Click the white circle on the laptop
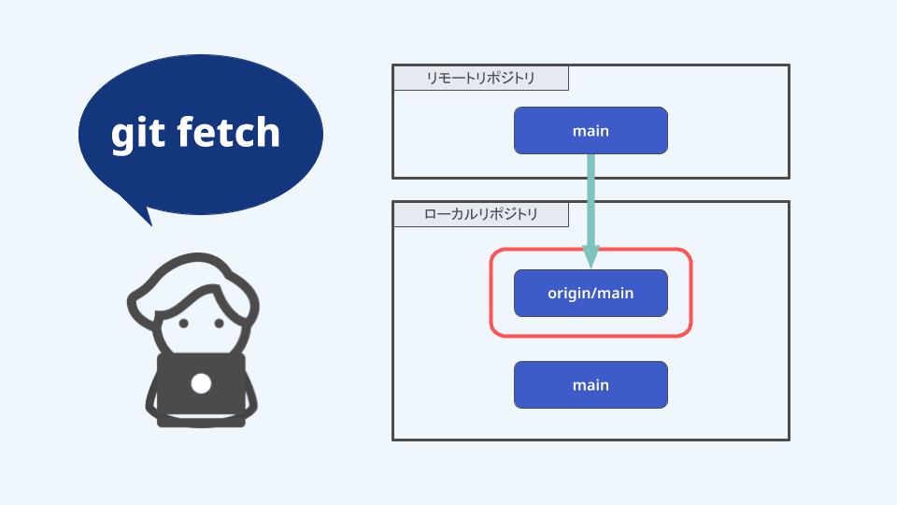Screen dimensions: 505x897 (x=201, y=382)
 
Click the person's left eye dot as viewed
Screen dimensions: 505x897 (x=183, y=324)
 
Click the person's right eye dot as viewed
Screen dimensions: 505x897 (x=221, y=324)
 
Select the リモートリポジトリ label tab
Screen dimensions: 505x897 (x=480, y=79)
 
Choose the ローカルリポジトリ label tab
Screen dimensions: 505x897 (x=480, y=215)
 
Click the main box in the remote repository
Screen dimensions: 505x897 (x=591, y=131)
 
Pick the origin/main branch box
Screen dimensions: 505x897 (x=591, y=293)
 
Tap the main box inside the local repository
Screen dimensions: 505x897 (x=591, y=384)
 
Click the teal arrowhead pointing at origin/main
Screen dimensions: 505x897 (x=591, y=255)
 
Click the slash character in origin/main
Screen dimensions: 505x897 (x=594, y=293)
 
